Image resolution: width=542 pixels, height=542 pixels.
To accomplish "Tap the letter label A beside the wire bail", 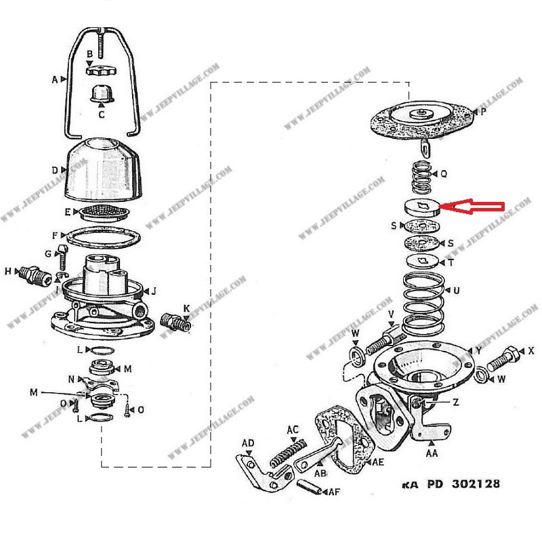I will (x=54, y=79).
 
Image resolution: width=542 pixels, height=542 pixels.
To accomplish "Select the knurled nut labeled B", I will (x=99, y=69).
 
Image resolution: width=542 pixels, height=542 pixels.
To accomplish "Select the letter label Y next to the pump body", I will (x=478, y=350).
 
